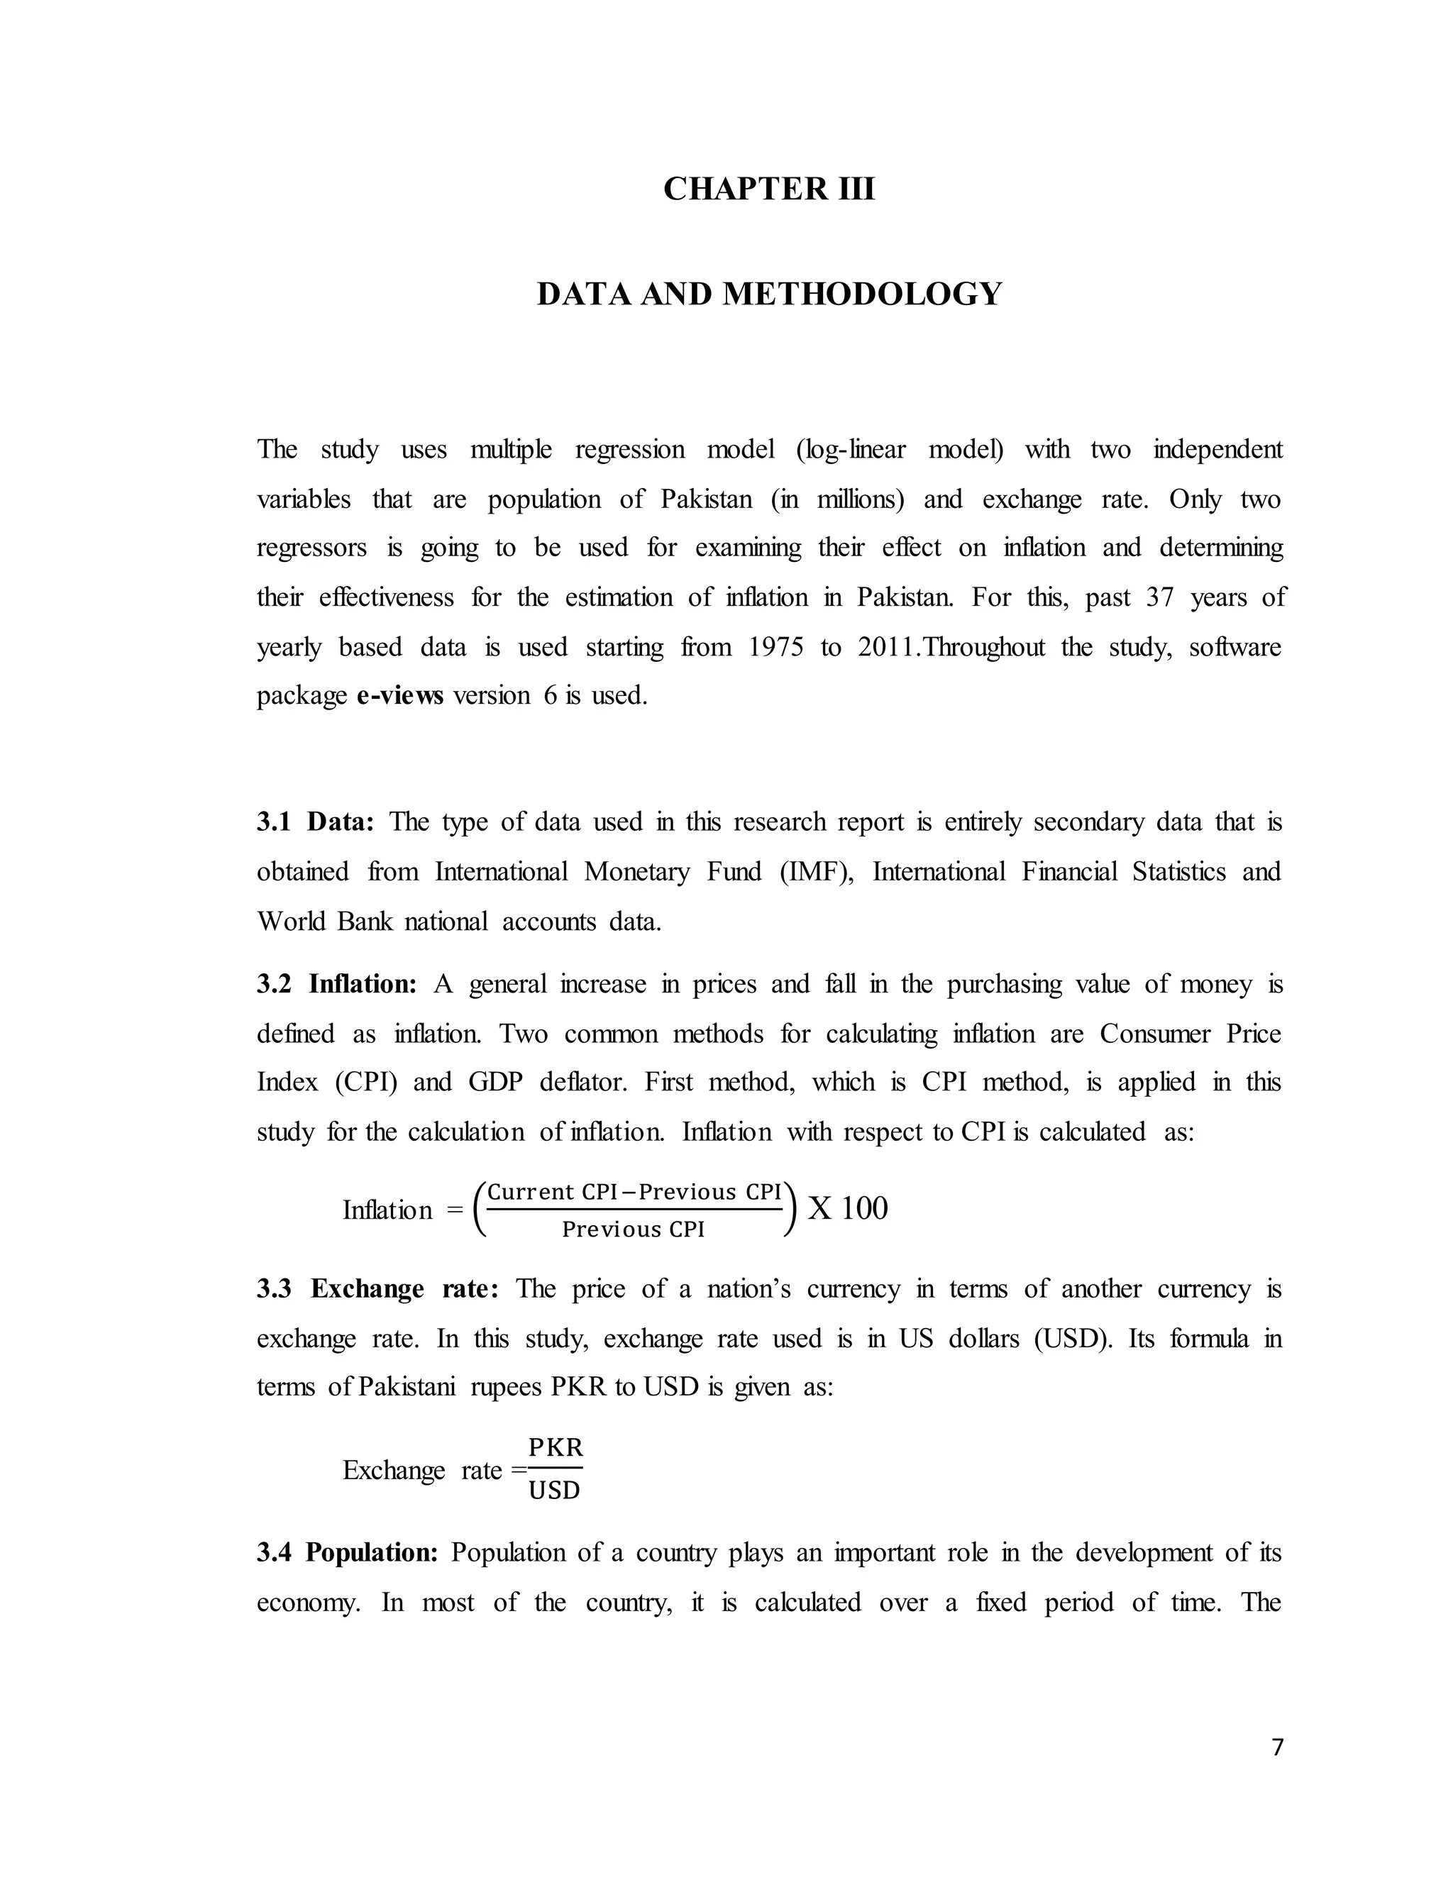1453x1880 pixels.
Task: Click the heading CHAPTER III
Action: (x=768, y=189)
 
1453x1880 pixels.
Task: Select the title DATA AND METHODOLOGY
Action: (x=768, y=294)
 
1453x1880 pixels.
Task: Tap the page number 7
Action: (x=1277, y=1747)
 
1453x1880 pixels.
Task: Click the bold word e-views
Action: (x=399, y=695)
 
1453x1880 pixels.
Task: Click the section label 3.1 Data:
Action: (x=315, y=822)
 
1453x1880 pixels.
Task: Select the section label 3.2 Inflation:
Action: (x=336, y=984)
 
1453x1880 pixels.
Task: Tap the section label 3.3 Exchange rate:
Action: (x=377, y=1288)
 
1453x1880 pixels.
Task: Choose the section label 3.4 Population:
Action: (x=348, y=1552)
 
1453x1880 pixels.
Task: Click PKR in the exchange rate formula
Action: (x=556, y=1447)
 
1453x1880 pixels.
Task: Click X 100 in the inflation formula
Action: (x=848, y=1209)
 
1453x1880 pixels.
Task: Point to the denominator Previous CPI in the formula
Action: (x=633, y=1229)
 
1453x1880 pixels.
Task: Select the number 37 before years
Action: (x=1159, y=597)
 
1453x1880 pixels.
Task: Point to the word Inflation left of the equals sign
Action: (x=387, y=1210)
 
